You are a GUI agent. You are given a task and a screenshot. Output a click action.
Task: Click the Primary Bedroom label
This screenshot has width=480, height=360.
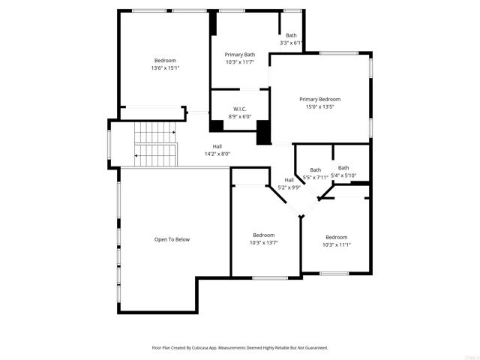click(x=319, y=99)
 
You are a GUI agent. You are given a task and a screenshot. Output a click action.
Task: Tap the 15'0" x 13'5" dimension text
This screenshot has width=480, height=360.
click(x=319, y=107)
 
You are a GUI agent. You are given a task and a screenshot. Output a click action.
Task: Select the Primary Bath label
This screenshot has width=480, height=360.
click(x=240, y=55)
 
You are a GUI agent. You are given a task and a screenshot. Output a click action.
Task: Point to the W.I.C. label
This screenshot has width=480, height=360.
click(x=240, y=109)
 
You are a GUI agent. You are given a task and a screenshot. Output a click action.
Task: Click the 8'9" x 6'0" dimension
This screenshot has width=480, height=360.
click(x=240, y=117)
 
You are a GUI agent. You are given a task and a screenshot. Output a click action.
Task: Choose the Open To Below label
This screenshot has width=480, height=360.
click(x=172, y=239)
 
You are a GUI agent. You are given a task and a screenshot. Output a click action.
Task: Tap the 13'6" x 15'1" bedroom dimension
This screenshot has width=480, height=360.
click(x=165, y=68)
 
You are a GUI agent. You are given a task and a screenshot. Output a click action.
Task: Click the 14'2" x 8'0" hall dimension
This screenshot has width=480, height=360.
click(x=217, y=154)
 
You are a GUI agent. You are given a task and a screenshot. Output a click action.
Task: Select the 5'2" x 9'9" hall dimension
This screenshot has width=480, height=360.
click(x=289, y=187)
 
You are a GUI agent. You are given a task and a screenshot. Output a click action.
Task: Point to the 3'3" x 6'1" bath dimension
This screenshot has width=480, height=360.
click(x=290, y=43)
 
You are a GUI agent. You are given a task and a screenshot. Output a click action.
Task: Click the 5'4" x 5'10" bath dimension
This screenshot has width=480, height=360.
click(x=343, y=175)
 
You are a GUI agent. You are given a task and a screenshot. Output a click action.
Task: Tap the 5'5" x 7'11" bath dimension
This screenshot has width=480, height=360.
click(x=315, y=178)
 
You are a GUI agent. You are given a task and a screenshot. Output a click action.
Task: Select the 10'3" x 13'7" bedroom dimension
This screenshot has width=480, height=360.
click(x=263, y=243)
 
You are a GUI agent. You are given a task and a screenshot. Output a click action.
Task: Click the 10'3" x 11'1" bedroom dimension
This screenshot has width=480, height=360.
click(x=336, y=245)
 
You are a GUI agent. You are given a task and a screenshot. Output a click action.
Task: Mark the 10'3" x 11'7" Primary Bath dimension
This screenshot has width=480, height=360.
click(x=240, y=62)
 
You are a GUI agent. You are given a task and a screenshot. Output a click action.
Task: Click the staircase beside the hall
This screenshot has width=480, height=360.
click(x=154, y=144)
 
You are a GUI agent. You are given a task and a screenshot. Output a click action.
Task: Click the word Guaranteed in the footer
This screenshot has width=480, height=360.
click(x=313, y=348)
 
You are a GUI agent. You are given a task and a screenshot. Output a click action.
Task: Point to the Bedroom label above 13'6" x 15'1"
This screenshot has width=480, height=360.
click(x=165, y=61)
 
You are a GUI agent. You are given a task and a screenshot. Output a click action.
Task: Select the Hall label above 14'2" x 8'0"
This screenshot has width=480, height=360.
click(x=217, y=146)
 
